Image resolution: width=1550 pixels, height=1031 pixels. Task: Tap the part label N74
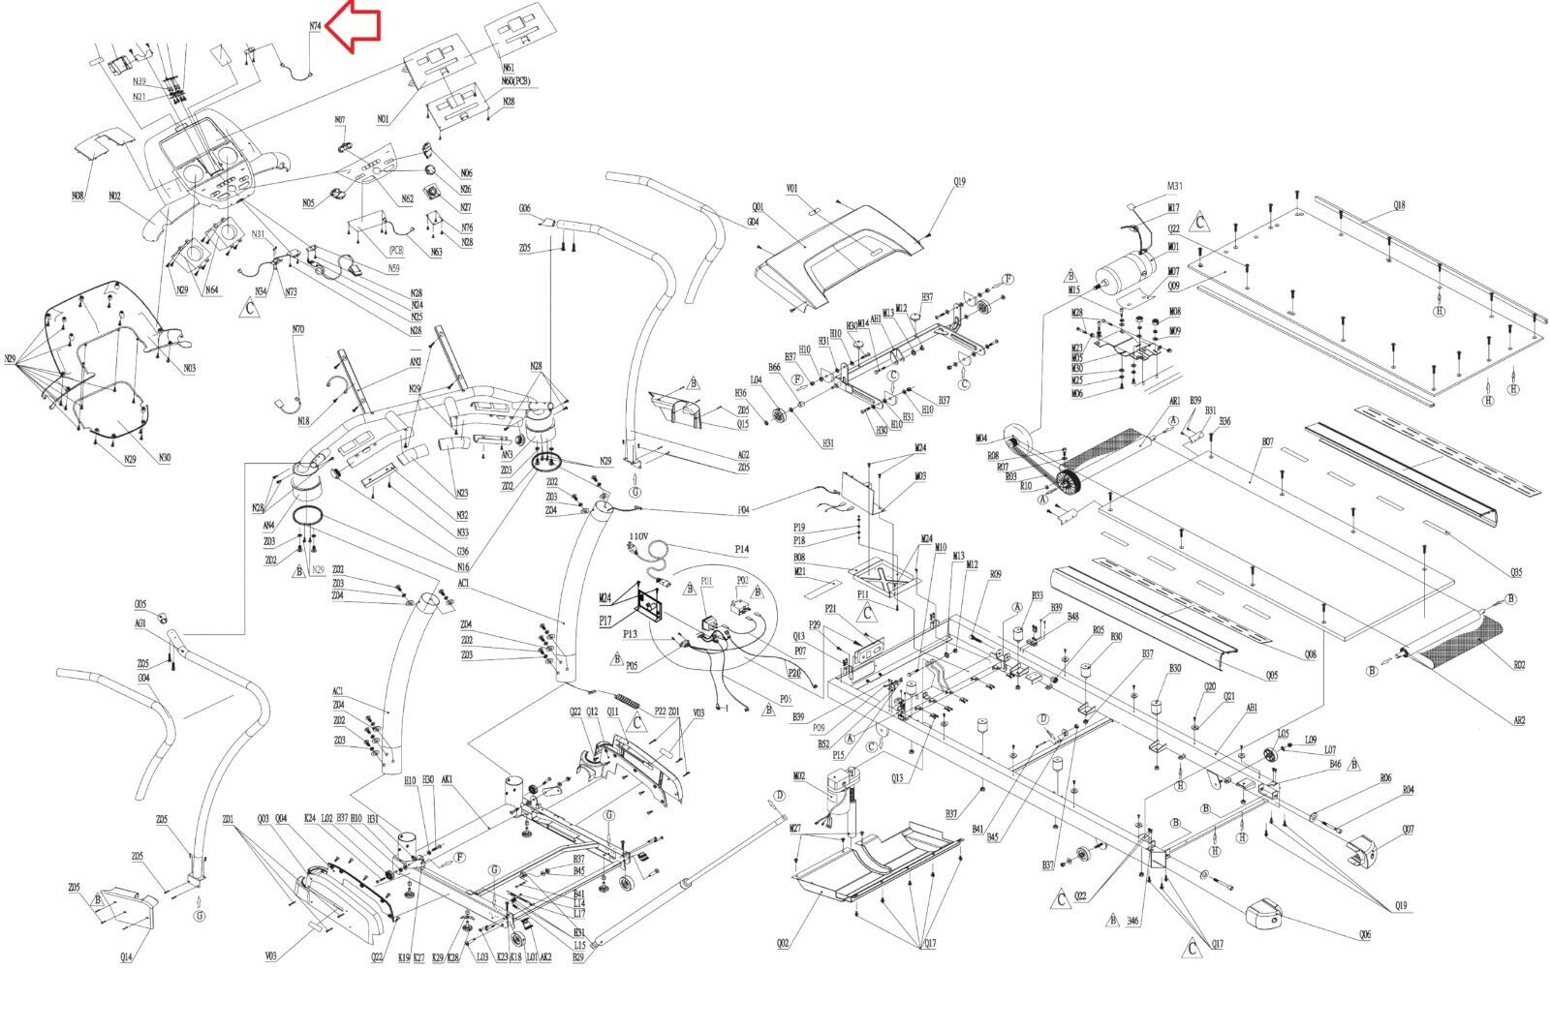(315, 26)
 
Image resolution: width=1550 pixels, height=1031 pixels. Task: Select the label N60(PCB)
(515, 81)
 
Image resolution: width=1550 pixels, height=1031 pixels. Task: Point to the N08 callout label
(78, 196)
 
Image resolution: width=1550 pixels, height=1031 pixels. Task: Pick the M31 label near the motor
(1174, 186)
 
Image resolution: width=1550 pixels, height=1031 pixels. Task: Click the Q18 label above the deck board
(1400, 205)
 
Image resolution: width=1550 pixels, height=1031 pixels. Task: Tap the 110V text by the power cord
(638, 535)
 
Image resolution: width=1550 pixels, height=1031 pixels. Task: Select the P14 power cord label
(741, 549)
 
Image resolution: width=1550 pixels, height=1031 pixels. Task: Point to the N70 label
(298, 330)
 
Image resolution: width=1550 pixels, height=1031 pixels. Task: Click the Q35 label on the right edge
(1516, 572)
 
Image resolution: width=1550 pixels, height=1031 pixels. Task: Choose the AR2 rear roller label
(1519, 720)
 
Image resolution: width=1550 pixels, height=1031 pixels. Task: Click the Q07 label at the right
(1408, 829)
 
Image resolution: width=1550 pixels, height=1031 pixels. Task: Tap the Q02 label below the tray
(783, 943)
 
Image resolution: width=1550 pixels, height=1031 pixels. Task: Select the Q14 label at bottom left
(127, 956)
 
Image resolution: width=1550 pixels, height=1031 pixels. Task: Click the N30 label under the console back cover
(165, 457)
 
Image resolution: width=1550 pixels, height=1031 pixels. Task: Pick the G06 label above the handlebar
(524, 208)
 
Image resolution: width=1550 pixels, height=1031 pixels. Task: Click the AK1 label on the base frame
(448, 779)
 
